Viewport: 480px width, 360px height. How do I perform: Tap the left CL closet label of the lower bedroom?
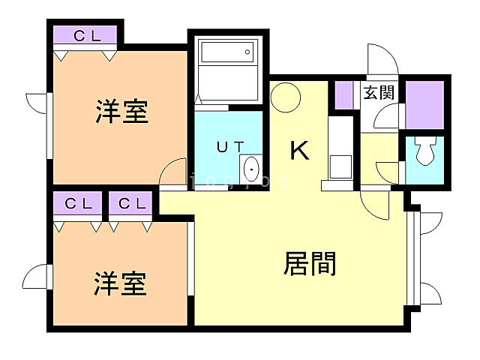pyautogui.click(x=78, y=203)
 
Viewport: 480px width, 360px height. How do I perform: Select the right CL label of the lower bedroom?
pyautogui.click(x=131, y=203)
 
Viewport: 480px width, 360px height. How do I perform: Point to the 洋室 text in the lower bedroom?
pyautogui.click(x=119, y=284)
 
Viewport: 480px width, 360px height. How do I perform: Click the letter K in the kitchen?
pyautogui.click(x=299, y=151)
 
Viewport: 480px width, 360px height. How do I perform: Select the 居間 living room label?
pyautogui.click(x=310, y=263)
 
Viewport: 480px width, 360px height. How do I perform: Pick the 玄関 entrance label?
pyautogui.click(x=379, y=94)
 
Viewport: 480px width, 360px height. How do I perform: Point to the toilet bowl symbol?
pyautogui.click(x=424, y=154)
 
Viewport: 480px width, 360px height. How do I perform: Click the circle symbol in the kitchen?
pyautogui.click(x=286, y=97)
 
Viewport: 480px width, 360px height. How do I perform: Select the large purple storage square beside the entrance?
pyautogui.click(x=425, y=105)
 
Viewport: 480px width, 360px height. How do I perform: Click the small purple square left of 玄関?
pyautogui.click(x=344, y=94)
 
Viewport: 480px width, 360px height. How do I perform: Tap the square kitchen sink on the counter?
pyautogui.click(x=340, y=165)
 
